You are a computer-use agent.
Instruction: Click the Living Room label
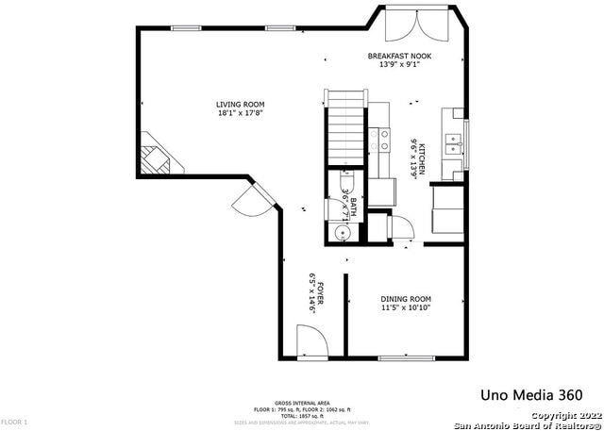(240, 104)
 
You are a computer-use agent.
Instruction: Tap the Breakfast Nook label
(399, 57)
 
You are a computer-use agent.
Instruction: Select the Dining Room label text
(406, 299)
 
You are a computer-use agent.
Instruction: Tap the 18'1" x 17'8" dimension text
(240, 113)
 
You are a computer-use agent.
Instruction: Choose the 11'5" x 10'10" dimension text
(406, 308)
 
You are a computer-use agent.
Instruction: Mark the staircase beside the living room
(345, 127)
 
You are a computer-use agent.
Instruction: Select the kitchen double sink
(453, 144)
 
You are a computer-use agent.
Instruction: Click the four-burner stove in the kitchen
(381, 141)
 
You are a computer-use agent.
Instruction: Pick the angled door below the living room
(253, 200)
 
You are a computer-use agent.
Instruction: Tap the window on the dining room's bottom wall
(406, 357)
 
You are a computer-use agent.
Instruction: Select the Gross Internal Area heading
(301, 401)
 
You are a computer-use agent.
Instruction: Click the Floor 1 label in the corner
(15, 422)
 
